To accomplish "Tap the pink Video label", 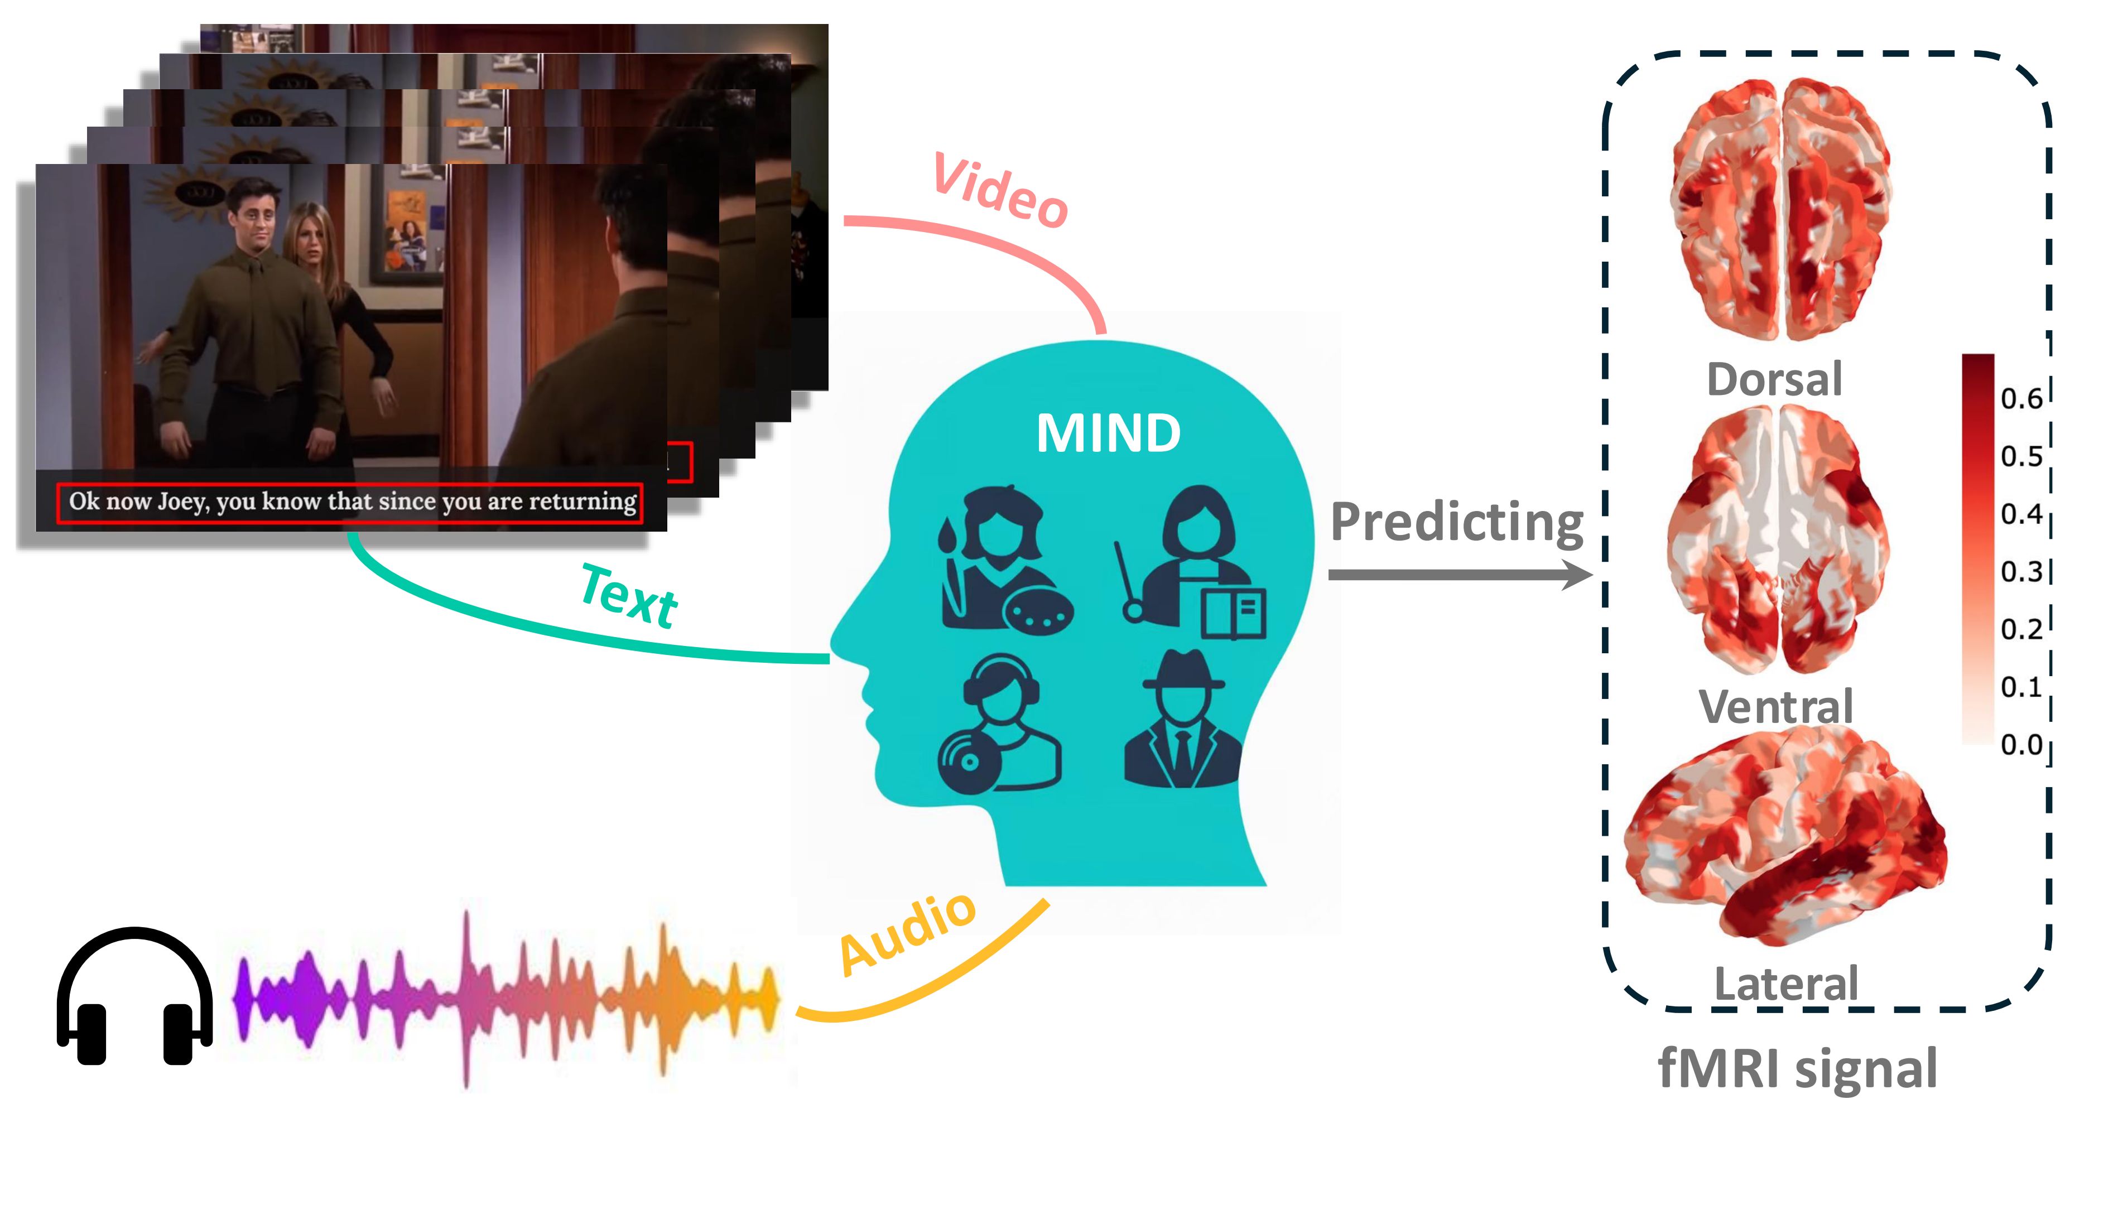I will pos(1000,190).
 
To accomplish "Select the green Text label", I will pos(629,595).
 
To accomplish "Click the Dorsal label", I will pos(1774,379).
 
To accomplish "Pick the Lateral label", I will pos(1786,983).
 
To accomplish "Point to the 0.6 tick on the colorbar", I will pos(2020,399).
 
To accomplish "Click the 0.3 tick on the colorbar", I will pos(2020,571).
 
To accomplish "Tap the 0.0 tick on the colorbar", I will pos(2020,745).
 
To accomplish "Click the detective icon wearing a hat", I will pos(1182,720).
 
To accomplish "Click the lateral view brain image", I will pos(1784,836).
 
